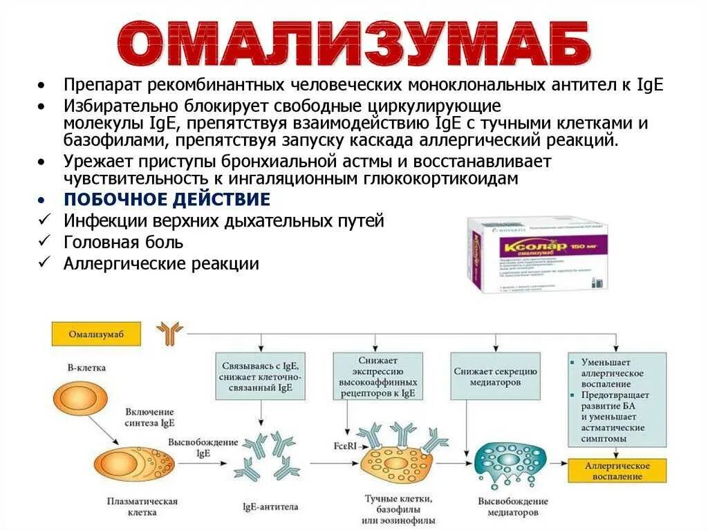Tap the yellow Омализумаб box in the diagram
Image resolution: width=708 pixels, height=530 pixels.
(95, 334)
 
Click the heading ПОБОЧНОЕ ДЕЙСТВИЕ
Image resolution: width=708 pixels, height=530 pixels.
(167, 200)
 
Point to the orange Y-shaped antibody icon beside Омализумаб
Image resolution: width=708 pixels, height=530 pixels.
(169, 334)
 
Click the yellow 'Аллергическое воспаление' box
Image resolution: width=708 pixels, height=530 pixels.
(617, 471)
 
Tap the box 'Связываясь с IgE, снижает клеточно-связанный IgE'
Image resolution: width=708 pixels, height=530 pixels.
(261, 376)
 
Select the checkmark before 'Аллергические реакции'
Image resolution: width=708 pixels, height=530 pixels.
(44, 263)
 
